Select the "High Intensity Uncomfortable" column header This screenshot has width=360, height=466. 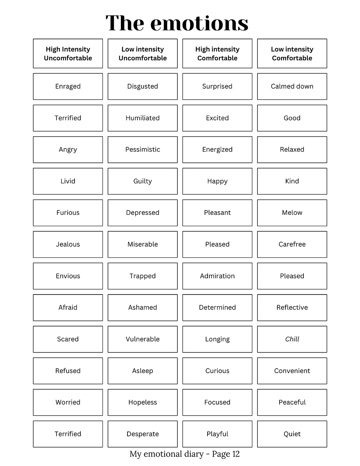coord(68,54)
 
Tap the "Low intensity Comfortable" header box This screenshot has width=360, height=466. coord(292,54)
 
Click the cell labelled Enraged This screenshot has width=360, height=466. coord(68,86)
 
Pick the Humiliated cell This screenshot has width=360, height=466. coord(143,118)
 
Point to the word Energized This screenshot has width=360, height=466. coord(217,149)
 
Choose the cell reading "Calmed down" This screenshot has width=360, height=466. coord(292,86)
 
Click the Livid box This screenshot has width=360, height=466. coord(68,181)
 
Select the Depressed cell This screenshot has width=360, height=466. coord(143,213)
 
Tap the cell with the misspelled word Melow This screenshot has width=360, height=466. coord(292,213)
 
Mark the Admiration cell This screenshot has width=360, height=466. coord(217,276)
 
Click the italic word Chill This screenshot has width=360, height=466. coord(292,339)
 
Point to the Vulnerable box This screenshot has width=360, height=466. coord(143,339)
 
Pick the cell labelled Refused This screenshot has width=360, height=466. coord(68,371)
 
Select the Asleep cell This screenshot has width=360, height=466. coord(143,371)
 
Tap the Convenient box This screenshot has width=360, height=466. coord(292,371)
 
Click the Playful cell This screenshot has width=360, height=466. coord(217,434)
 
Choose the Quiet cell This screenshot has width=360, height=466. coord(292,434)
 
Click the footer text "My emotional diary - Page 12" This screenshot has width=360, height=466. coord(184,454)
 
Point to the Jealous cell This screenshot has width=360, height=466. coord(68,244)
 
